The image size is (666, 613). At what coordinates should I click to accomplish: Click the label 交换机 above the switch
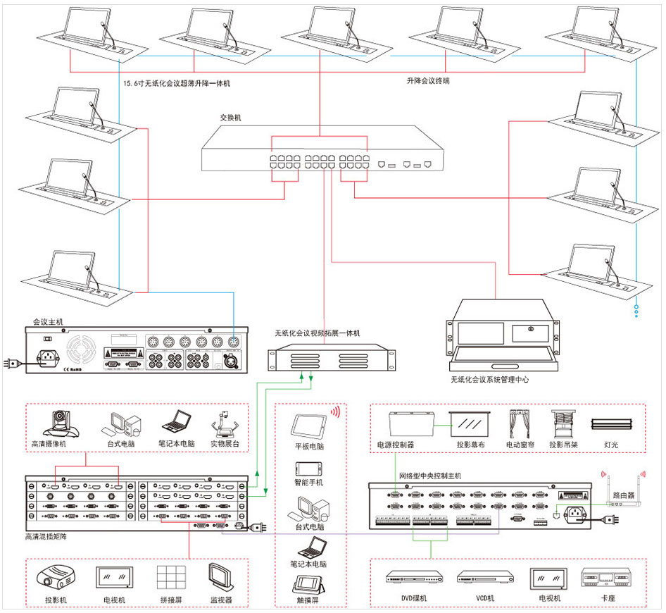click(230, 118)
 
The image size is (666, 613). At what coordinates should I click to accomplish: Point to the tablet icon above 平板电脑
click(308, 427)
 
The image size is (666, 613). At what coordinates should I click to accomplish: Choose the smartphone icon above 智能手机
click(308, 468)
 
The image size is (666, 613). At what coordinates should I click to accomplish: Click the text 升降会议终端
click(427, 81)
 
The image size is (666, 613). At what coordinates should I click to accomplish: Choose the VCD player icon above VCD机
click(481, 578)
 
